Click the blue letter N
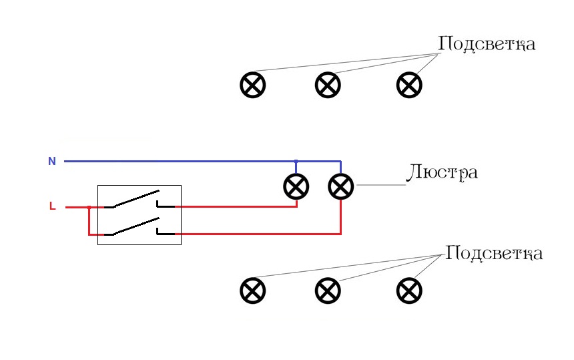51,161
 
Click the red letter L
52,206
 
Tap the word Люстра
441,172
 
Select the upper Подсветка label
487,45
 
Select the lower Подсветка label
494,254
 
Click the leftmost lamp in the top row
253,85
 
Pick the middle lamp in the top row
328,85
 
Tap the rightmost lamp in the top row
409,85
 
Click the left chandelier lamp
296,186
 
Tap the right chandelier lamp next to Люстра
341,186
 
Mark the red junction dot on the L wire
89,207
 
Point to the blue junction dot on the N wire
296,161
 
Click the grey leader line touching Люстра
380,185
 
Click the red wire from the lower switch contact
267,234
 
